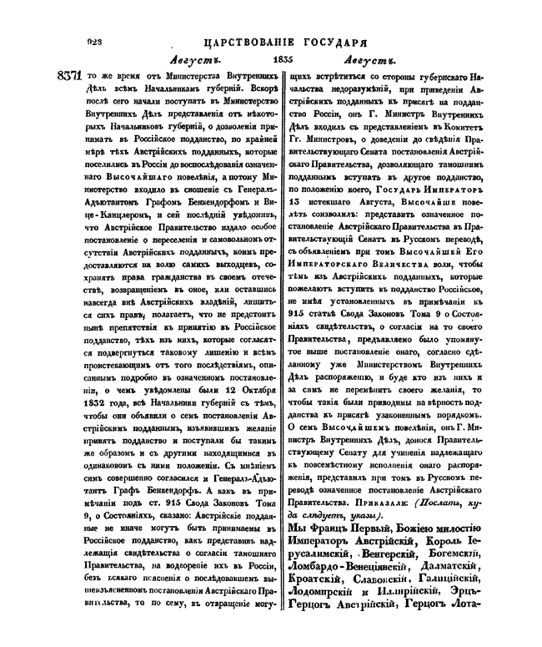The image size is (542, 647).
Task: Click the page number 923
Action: click(x=88, y=40)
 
